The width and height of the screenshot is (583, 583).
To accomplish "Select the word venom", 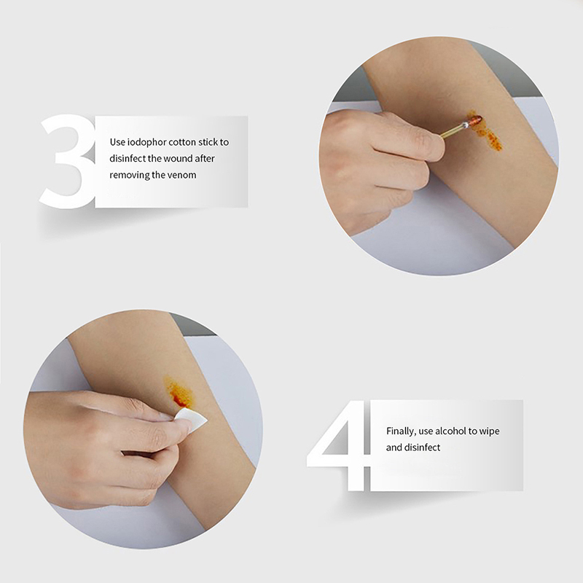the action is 182,175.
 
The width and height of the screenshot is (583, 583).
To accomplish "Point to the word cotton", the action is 181,142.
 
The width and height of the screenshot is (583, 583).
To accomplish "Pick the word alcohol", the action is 450,431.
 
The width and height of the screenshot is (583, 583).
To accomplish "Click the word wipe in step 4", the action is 489,431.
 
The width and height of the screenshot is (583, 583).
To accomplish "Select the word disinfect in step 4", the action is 422,447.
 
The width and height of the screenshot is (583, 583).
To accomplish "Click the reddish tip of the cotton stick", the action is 475,120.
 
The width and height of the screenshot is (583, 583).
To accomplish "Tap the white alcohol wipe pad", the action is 192,420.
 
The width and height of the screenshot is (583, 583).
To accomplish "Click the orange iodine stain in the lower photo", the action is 179,393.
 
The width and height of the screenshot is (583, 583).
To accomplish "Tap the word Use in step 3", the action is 117,142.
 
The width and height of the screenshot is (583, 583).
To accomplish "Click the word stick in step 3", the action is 208,142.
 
